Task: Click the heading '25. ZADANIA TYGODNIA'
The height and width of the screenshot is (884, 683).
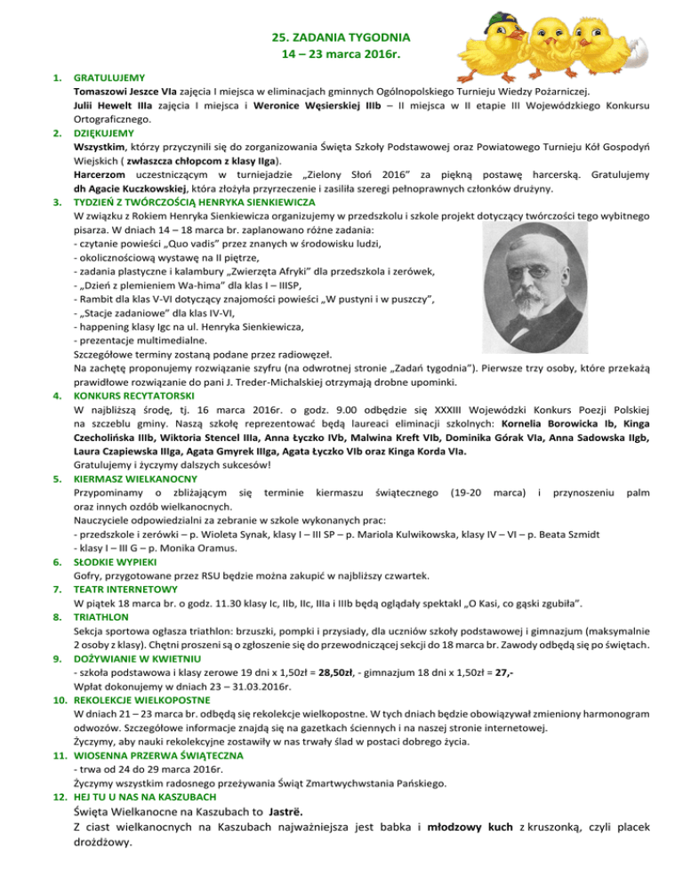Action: tap(341, 37)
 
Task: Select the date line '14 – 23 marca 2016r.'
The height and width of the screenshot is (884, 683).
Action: tap(341, 55)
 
